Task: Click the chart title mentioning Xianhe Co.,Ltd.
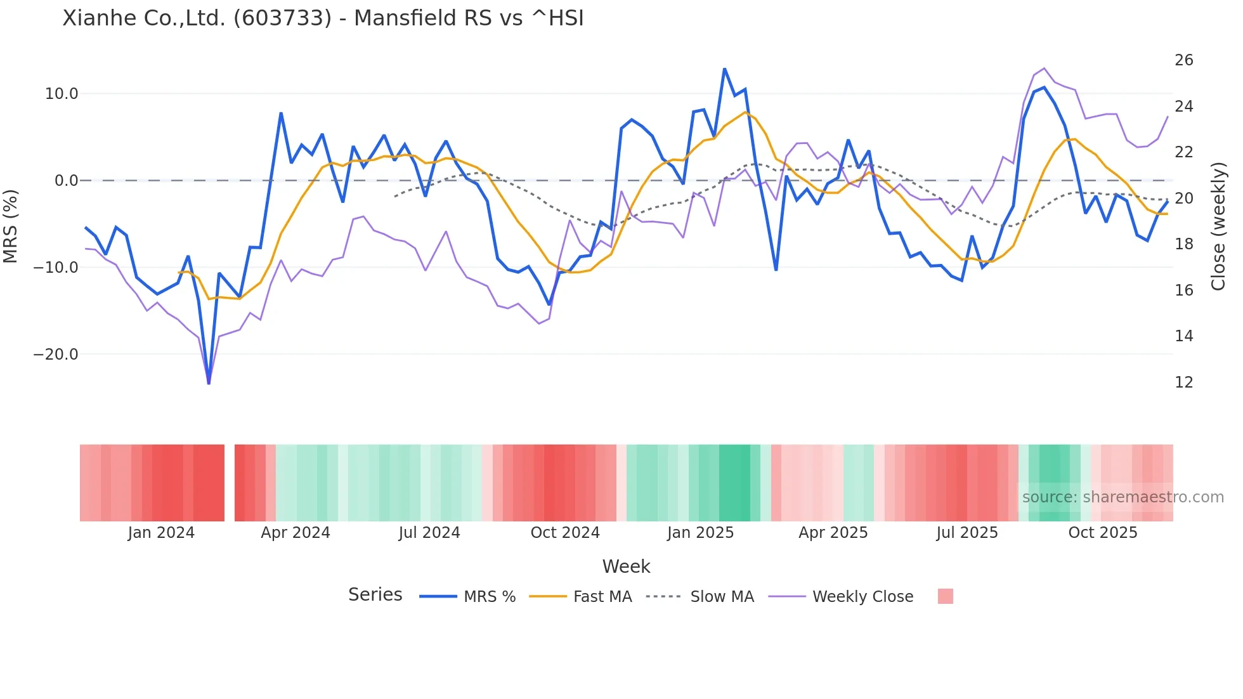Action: click(323, 18)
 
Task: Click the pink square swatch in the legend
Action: click(945, 596)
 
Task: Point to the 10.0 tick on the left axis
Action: click(62, 94)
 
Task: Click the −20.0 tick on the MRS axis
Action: click(56, 355)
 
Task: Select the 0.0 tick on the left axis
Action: click(66, 181)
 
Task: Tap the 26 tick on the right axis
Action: click(1183, 60)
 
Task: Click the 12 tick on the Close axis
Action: click(1183, 382)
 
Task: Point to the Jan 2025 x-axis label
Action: click(700, 533)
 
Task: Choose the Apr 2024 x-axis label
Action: click(296, 533)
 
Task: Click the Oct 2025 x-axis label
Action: click(1103, 533)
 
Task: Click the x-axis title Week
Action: click(626, 566)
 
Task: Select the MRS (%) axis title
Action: click(11, 226)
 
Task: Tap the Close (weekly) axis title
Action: click(1218, 226)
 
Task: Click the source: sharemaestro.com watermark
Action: click(1123, 497)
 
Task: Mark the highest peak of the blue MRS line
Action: click(724, 69)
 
